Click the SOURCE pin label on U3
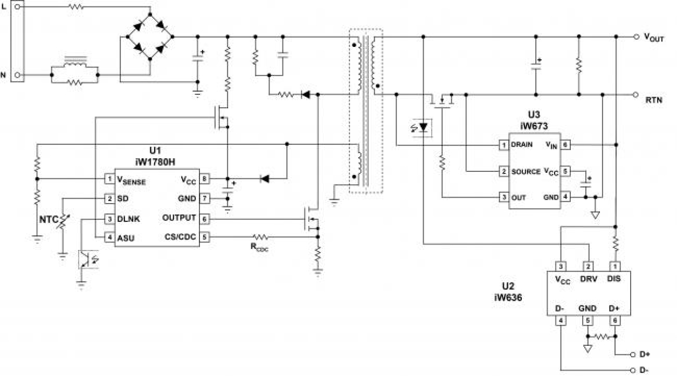(526, 171)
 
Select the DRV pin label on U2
(589, 280)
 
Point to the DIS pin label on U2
(613, 280)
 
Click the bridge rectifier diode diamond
(150, 37)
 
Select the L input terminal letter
(4, 8)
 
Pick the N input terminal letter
(4, 75)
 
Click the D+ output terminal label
(644, 354)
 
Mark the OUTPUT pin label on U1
(178, 218)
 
